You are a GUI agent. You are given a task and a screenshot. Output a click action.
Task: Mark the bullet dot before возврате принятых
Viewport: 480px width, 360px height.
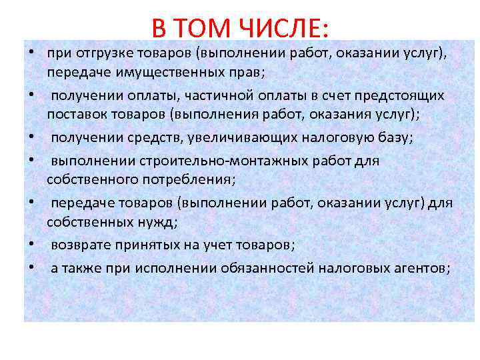point(32,244)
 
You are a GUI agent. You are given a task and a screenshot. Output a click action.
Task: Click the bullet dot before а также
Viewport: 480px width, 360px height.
point(32,268)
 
